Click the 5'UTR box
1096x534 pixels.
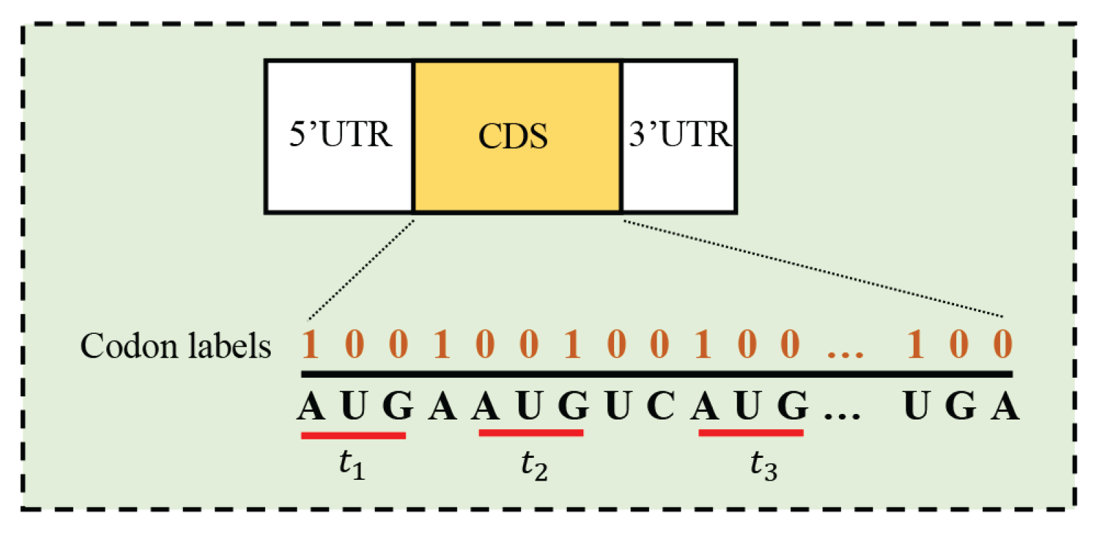tap(339, 136)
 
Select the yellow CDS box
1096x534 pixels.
tap(516, 136)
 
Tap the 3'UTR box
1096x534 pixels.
tap(679, 136)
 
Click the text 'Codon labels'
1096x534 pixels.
tap(175, 346)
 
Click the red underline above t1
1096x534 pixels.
tap(353, 435)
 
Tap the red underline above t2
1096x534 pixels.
tap(531, 433)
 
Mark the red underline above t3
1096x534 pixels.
tap(751, 433)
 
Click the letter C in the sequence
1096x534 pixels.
tap(660, 406)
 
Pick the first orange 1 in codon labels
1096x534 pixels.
tap(310, 344)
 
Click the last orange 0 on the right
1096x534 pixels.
tap(1003, 344)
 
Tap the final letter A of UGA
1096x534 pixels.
tap(1005, 406)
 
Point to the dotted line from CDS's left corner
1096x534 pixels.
tap(361, 269)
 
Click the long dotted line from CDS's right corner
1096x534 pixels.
tap(812, 269)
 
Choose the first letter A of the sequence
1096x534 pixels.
tap(310, 406)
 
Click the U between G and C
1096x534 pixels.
tap(618, 406)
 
